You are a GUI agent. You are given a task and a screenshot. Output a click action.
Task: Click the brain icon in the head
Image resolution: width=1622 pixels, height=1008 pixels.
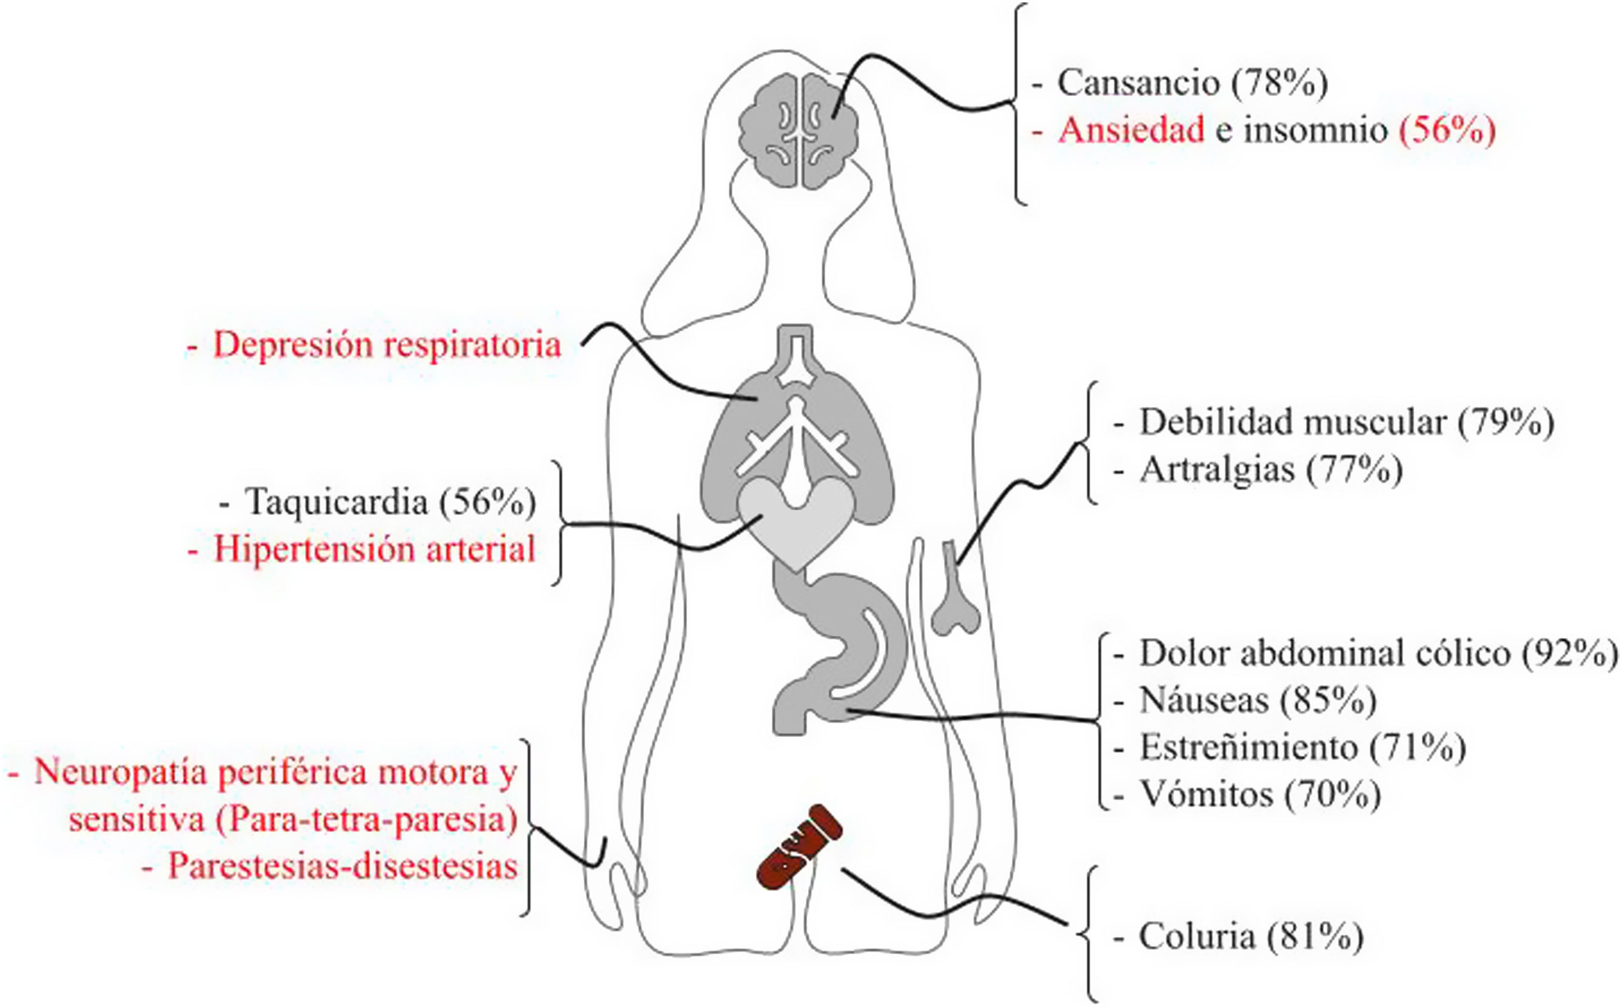pyautogui.click(x=799, y=130)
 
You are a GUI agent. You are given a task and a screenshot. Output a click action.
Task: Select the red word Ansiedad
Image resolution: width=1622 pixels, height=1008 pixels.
pyautogui.click(x=1131, y=130)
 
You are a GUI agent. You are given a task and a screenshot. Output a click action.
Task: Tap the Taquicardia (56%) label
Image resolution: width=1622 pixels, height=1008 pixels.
pyautogui.click(x=390, y=502)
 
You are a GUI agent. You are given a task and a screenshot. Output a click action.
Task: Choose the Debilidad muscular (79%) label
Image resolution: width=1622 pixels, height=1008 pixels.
pyautogui.click(x=1346, y=423)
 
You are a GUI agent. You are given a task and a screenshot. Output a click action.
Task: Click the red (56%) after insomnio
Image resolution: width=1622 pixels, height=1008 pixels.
pyautogui.click(x=1447, y=130)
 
